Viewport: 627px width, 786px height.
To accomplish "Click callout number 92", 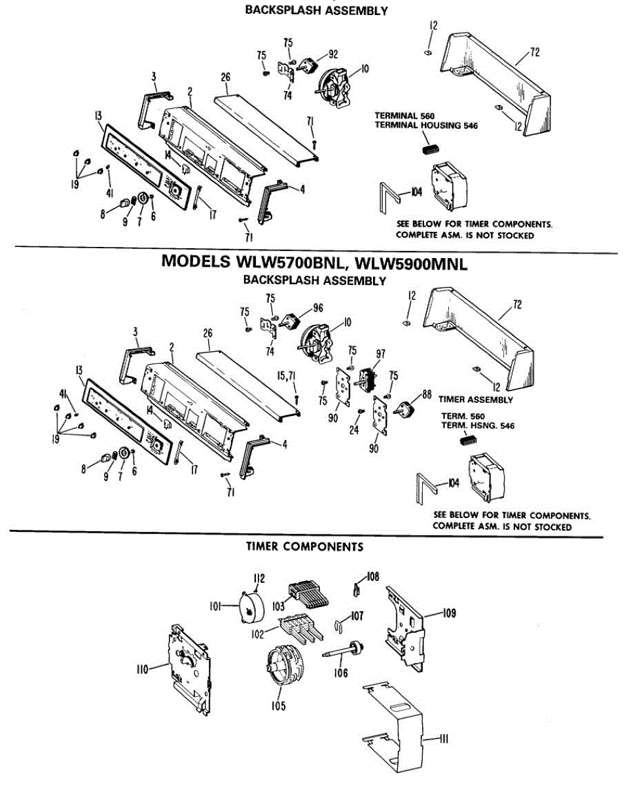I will coord(333,54).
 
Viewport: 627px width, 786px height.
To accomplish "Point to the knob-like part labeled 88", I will coord(406,409).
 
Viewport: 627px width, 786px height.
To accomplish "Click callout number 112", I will coord(259,578).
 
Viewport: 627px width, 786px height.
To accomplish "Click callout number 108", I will coord(373,577).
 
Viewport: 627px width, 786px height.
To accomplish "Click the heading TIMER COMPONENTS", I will coord(304,546).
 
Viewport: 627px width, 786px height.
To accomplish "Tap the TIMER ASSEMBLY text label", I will coord(476,399).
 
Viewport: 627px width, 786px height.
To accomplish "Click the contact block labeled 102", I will coord(302,628).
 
